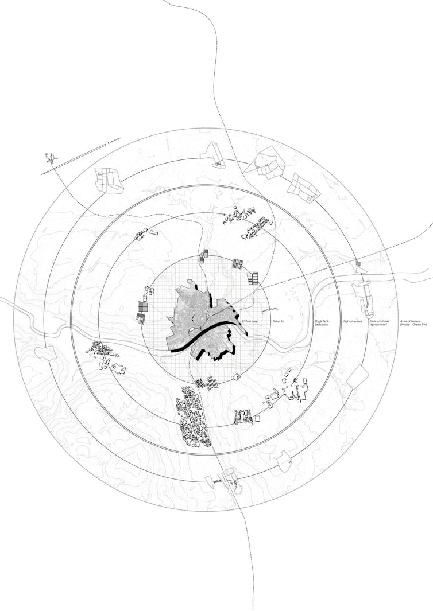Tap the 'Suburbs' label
[278, 322]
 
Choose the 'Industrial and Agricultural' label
[379, 324]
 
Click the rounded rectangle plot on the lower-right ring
[357, 377]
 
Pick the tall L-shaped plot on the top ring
[213, 153]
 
